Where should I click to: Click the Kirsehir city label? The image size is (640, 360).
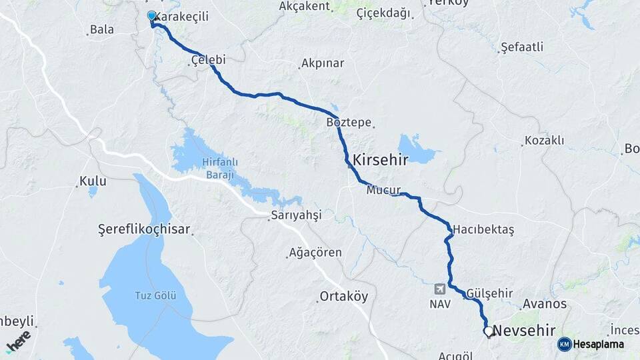point(379,160)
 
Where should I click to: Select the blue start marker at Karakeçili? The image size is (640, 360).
point(152,16)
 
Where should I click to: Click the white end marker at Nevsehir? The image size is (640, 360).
point(489,331)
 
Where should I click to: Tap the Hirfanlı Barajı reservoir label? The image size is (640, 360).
point(216,169)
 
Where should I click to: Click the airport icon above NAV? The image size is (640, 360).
point(440,289)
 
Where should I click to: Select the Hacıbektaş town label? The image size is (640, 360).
point(483,229)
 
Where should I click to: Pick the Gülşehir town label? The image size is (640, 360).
point(490,293)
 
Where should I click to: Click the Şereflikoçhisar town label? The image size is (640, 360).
point(144,229)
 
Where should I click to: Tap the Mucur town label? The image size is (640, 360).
point(383,191)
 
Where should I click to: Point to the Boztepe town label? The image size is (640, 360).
point(349,123)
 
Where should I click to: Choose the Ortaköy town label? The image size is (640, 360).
point(343,297)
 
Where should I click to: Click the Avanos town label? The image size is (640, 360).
point(545,304)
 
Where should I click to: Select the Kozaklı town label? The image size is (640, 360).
point(544,141)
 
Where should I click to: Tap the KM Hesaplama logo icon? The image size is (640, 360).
point(565,345)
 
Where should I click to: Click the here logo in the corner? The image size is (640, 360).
point(18,341)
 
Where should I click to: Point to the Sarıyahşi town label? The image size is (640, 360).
point(296,215)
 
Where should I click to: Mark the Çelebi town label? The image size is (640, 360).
point(208,60)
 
